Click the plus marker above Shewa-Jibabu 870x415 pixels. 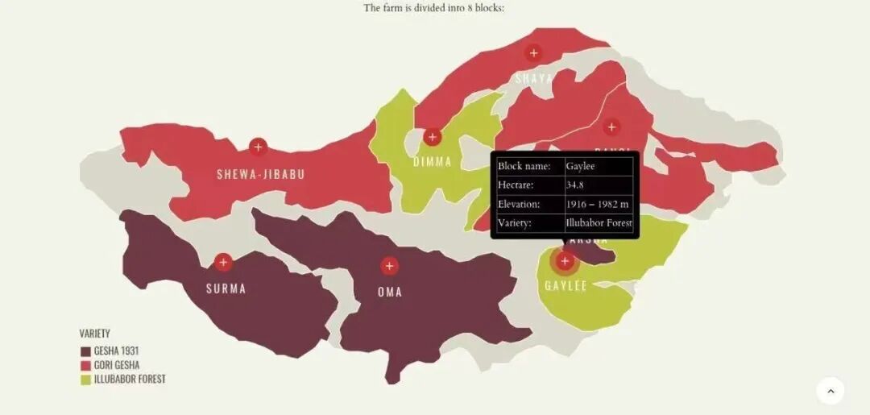258,147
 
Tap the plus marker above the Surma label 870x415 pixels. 223,262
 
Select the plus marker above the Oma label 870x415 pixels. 389,266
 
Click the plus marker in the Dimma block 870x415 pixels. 433,137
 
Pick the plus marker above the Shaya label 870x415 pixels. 532,53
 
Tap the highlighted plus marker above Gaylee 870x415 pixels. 565,261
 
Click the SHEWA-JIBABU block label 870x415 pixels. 260,174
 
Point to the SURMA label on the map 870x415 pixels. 226,288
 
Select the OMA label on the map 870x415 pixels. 390,292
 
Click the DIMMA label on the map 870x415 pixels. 433,162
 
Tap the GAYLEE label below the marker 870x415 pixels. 565,286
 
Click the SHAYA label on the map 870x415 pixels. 534,78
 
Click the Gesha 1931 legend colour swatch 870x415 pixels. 85,351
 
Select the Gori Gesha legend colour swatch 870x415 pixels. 85,365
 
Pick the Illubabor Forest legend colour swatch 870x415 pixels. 85,379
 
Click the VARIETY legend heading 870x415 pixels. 95,334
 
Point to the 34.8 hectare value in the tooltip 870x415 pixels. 574,185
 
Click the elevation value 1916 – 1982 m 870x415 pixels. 597,204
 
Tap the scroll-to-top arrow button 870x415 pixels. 831,391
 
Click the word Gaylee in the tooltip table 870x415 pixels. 580,166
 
